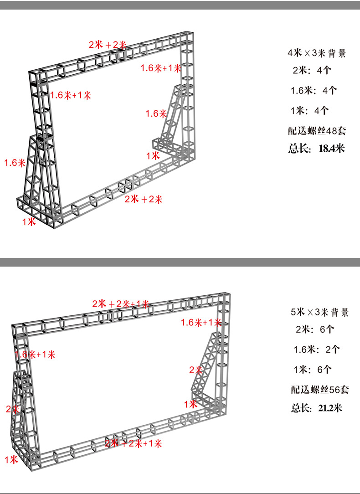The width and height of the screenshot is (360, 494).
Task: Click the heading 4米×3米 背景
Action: click(316, 53)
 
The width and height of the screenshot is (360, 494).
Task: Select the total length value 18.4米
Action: click(332, 148)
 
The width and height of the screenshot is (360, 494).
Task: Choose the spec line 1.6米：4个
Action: click(314, 90)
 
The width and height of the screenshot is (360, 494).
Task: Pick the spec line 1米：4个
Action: click(310, 110)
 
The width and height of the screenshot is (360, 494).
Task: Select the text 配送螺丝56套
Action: click(319, 390)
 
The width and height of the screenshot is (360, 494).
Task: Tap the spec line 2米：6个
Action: click(315, 329)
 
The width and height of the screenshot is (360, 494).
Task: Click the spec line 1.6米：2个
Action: click(317, 350)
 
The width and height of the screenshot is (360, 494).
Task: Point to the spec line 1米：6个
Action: click(312, 370)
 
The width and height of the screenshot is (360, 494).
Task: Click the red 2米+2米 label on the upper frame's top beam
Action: click(108, 45)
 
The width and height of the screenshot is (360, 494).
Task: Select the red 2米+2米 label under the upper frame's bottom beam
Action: click(144, 199)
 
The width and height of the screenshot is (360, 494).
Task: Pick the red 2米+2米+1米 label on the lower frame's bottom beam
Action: click(134, 443)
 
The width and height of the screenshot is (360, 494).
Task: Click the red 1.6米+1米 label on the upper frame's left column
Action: click(71, 95)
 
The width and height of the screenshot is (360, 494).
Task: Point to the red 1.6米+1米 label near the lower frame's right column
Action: click(201, 323)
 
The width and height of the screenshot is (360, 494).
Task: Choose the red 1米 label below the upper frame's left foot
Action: click(29, 222)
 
